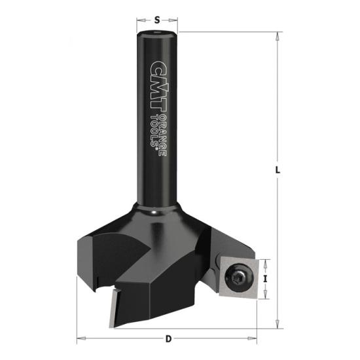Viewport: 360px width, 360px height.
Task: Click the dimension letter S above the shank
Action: click(157, 20)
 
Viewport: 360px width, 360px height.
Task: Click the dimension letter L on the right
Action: click(278, 170)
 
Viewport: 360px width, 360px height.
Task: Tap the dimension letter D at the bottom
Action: click(168, 338)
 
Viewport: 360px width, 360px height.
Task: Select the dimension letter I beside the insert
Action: click(265, 279)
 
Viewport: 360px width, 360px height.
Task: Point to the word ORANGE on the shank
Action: click(163, 136)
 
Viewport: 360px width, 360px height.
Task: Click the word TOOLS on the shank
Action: click(154, 130)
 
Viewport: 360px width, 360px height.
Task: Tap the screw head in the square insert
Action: click(240, 278)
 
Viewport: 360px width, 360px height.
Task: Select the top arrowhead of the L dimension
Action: click(278, 36)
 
